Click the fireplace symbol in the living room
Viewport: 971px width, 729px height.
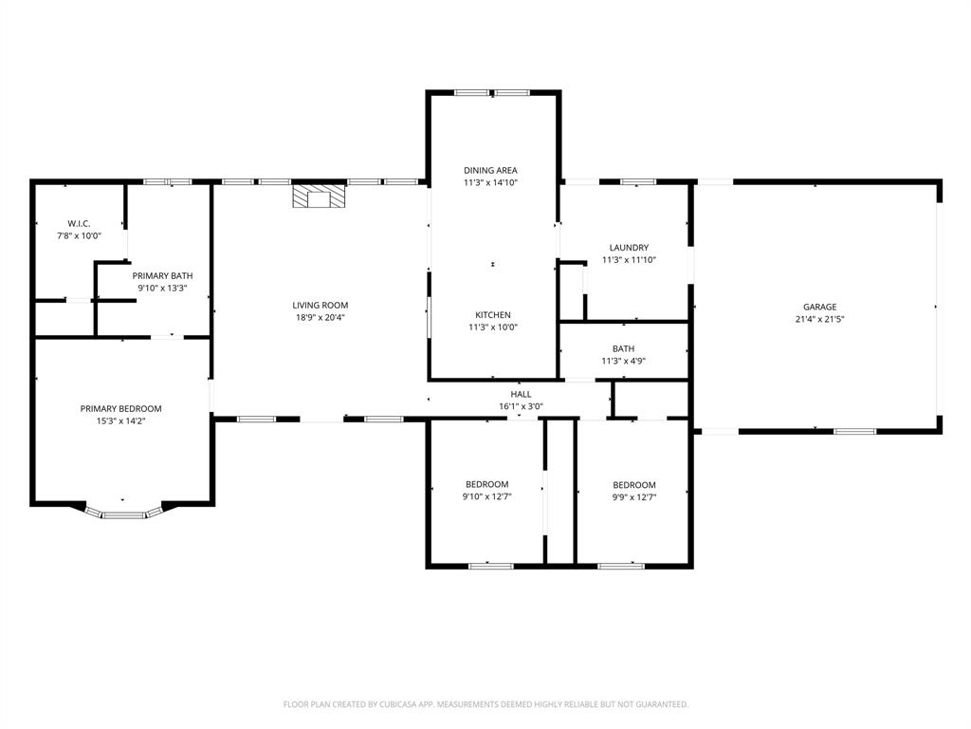(x=319, y=196)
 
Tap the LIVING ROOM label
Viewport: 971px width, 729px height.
(x=321, y=305)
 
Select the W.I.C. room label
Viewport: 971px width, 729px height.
(x=79, y=223)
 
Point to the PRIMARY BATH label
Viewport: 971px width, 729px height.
(x=162, y=275)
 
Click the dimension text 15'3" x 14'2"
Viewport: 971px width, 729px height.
(x=120, y=421)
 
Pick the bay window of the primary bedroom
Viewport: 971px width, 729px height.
(x=123, y=512)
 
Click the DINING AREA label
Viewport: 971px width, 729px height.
(x=490, y=170)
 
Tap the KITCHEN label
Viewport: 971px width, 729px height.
(x=493, y=315)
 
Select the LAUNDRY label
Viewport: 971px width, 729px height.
(x=629, y=248)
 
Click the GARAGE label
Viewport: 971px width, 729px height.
(x=820, y=307)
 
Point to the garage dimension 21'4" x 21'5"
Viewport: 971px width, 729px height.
(x=820, y=319)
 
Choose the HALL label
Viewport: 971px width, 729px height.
(x=521, y=394)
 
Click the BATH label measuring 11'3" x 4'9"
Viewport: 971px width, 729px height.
(x=624, y=349)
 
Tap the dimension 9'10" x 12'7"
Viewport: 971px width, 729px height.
(x=486, y=496)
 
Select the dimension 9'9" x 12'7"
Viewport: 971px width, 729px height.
(x=634, y=497)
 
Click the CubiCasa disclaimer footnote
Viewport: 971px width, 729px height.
(x=485, y=704)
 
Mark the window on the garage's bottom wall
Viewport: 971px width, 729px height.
(x=854, y=431)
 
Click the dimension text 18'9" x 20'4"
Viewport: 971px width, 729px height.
(x=321, y=317)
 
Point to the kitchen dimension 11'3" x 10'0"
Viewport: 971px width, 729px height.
(x=493, y=327)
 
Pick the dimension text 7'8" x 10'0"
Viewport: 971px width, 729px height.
(x=79, y=235)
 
